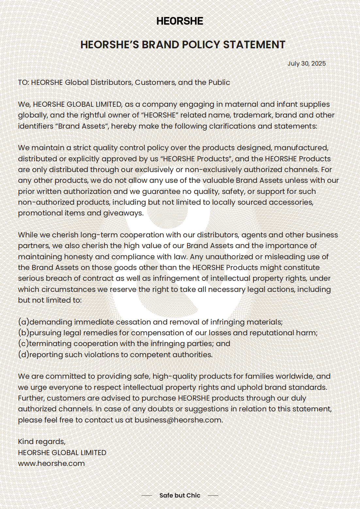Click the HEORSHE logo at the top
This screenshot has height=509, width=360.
[x=180, y=21]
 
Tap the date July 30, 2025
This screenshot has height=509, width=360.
[x=306, y=63]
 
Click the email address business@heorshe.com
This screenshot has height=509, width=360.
[x=178, y=420]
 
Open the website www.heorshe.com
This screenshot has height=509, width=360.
[x=51, y=463]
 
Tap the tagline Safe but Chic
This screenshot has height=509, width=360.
[x=180, y=495]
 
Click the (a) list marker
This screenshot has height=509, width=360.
[x=24, y=322]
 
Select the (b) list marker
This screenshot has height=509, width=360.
[x=24, y=333]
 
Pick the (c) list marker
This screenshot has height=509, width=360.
[x=24, y=343]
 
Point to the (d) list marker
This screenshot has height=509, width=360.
[x=24, y=355]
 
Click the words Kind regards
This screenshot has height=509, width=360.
[x=41, y=441]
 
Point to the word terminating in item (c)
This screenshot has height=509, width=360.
[x=50, y=343]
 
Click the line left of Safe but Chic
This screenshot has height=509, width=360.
[x=147, y=495]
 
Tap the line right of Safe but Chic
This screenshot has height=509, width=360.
[x=213, y=495]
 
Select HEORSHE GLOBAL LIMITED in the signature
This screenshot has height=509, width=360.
[x=62, y=453]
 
